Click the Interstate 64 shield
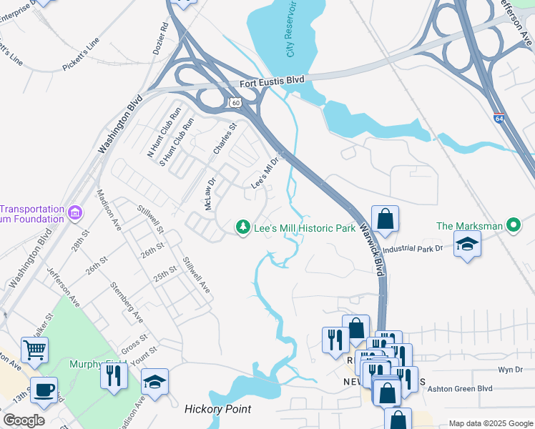498,119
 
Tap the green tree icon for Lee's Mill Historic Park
243,227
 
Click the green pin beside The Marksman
513,226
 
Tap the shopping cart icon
34,350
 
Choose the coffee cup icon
44,390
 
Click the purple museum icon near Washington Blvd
74,212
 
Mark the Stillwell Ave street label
196,275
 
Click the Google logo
24,420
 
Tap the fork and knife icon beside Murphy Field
114,375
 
